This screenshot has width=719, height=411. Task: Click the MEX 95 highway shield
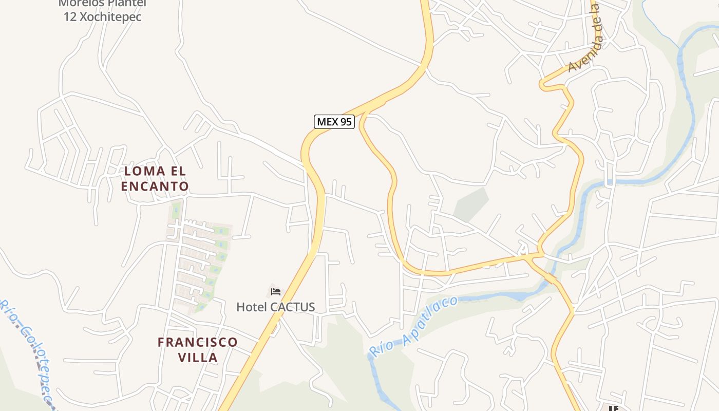(334, 122)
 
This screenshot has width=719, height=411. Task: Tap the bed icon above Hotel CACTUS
(276, 292)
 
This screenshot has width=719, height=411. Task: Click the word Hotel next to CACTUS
(252, 307)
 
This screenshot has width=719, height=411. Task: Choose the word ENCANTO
(155, 186)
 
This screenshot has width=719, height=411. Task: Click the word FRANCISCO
(198, 342)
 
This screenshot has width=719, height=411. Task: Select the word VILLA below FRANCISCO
(198, 357)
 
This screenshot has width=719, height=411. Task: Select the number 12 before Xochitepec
(70, 16)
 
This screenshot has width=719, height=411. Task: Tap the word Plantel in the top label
(127, 3)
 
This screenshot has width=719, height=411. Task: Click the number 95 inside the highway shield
(346, 122)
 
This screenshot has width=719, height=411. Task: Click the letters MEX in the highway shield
(328, 122)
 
